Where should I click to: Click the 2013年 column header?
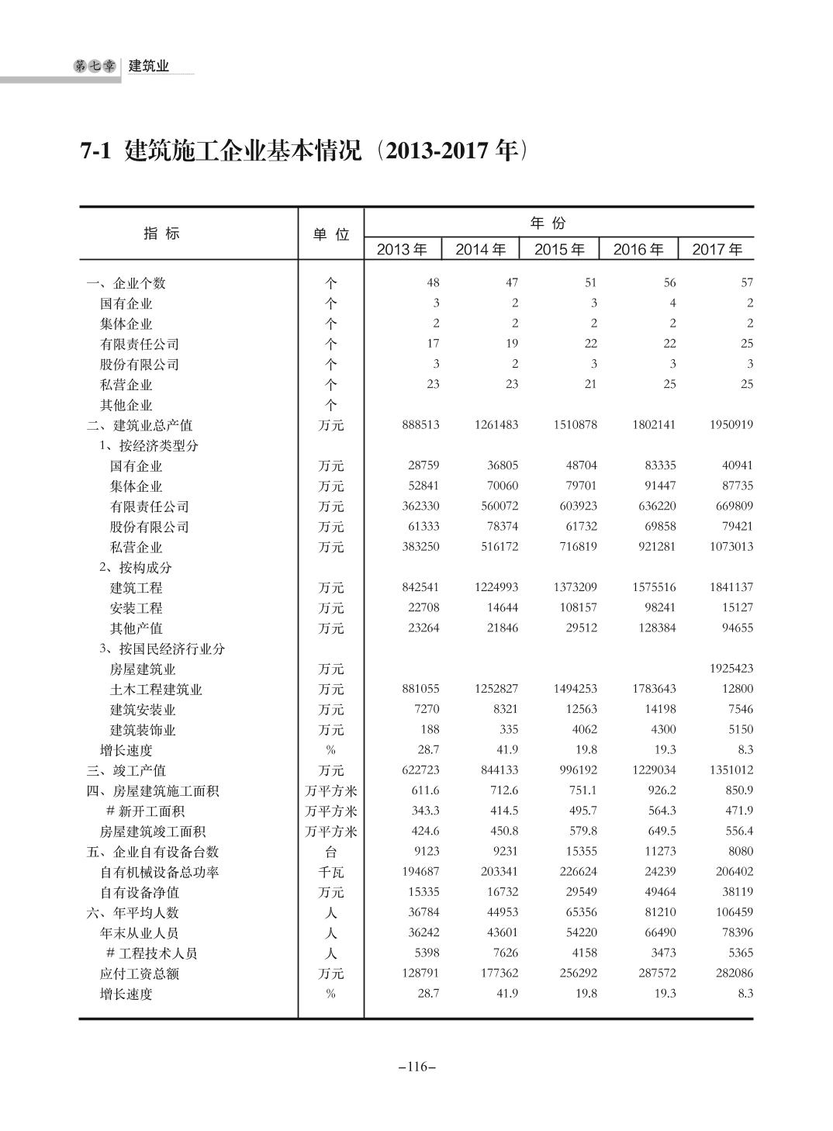click(x=402, y=249)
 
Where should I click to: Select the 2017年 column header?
click(x=717, y=249)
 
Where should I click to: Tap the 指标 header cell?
click(x=161, y=233)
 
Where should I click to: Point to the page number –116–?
click(x=416, y=1067)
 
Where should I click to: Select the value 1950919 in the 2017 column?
click(x=731, y=425)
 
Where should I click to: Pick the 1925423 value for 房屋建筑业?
click(x=731, y=668)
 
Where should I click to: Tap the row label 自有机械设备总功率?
click(x=159, y=872)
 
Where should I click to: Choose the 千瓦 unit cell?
click(x=331, y=872)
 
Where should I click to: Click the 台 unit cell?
click(x=331, y=852)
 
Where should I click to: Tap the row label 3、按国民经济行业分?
click(x=161, y=649)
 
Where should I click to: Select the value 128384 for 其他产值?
click(x=655, y=628)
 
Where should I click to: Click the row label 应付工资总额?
click(x=139, y=974)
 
